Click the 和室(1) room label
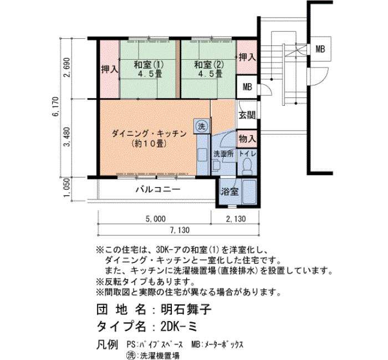149,65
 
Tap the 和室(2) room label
209,65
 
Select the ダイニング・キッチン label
149,134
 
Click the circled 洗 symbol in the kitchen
202,126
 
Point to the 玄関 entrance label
247,115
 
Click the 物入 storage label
247,138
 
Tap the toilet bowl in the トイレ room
246,166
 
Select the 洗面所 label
223,154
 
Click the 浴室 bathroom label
229,192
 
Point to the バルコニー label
158,189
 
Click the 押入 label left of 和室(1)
110,69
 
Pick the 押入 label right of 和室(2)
247,58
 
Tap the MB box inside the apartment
247,87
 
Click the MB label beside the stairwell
320,49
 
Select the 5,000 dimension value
156,219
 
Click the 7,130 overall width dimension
180,230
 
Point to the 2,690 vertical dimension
68,67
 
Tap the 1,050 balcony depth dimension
68,188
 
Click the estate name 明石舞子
186,309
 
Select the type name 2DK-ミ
178,327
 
